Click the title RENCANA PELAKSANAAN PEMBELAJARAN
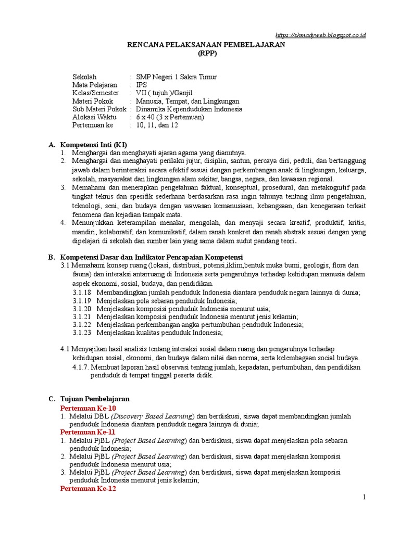207,45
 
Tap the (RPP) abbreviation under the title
207,54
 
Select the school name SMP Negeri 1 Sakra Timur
176,77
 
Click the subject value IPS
141,85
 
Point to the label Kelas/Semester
95,93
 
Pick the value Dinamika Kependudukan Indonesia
189,109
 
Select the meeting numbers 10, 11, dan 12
157,125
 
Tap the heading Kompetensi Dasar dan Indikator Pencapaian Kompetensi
152,257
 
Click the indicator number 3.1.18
82,293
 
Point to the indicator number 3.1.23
82,333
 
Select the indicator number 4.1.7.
81,367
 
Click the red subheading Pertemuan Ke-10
88,408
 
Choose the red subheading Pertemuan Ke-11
87,432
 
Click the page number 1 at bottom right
365,498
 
